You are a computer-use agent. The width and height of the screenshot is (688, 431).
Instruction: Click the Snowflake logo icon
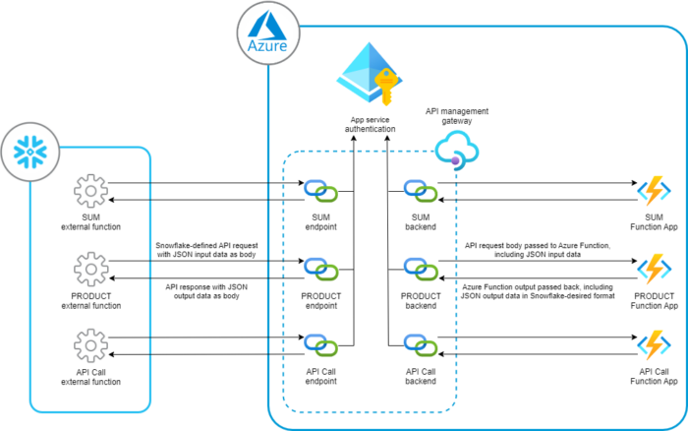(x=36, y=151)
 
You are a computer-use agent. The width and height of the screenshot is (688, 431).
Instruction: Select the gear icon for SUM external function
(x=90, y=191)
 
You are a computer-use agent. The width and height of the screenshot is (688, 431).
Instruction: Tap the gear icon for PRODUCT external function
(x=90, y=268)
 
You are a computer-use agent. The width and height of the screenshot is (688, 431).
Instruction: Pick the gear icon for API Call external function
(x=90, y=345)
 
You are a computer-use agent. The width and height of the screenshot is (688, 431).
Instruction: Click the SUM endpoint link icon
(x=320, y=191)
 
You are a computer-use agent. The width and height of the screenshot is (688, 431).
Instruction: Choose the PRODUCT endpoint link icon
(x=320, y=268)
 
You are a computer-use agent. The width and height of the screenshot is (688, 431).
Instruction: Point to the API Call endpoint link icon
(x=320, y=345)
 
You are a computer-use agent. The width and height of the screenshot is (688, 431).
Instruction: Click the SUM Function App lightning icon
(x=654, y=191)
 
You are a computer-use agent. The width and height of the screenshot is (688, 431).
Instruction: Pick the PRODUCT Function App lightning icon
(x=654, y=268)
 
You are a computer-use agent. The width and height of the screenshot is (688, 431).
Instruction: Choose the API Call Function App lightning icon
(x=654, y=345)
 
